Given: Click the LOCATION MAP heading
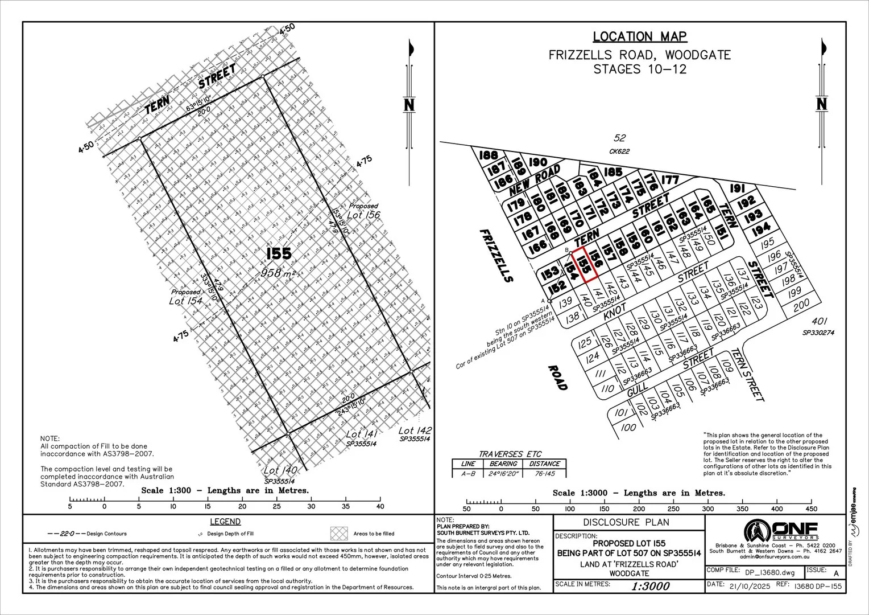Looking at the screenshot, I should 640,37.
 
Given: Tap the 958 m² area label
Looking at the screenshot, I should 279,273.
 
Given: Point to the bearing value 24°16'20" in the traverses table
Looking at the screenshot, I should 503,473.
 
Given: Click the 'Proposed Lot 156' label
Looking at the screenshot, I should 363,211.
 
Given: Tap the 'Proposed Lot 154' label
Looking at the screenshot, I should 185,297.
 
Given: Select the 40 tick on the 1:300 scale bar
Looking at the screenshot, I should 380,506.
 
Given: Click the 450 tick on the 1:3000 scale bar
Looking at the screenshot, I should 812,509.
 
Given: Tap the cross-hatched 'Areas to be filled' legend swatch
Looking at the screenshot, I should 339,533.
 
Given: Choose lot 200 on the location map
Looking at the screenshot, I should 801,305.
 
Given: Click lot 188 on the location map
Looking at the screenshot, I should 489,155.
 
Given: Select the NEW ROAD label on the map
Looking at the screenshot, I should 535,179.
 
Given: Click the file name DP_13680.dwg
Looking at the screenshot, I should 768,571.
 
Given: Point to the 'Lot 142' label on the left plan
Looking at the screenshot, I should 415,430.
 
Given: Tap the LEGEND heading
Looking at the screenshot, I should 225,522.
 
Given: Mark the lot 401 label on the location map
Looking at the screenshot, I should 818,321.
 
